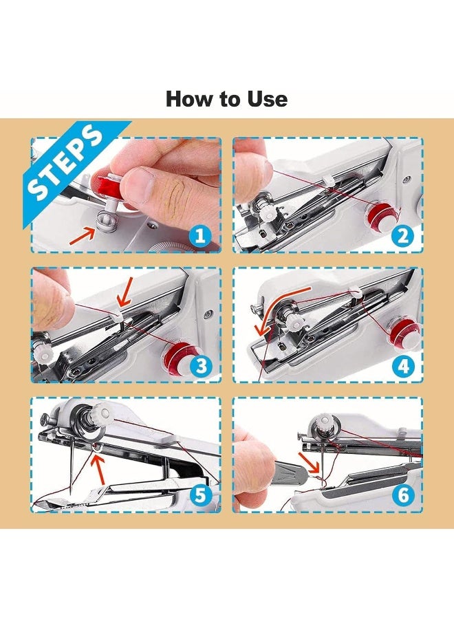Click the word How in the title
[188, 99]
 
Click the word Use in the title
[266, 99]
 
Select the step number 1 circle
[199, 237]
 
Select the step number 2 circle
[403, 237]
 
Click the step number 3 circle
[199, 366]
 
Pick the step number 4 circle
[403, 366]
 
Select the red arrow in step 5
[100, 471]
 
